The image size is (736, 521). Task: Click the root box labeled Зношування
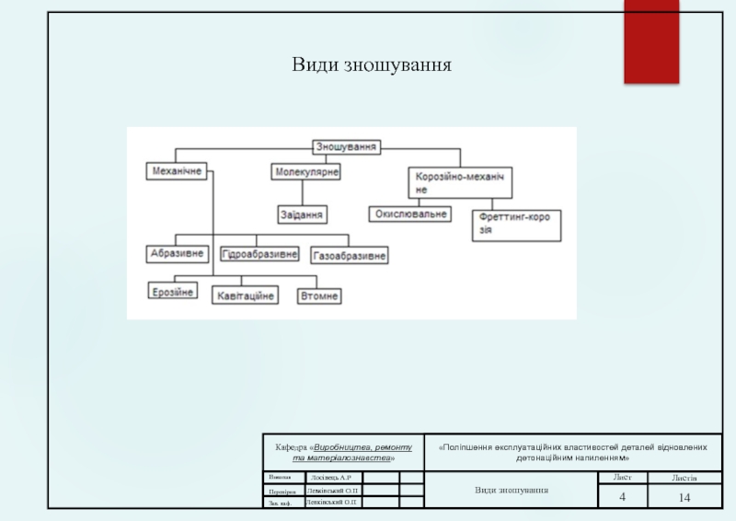[x=347, y=146]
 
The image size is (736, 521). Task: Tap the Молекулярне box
[x=305, y=172]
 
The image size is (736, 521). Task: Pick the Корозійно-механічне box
[x=460, y=181]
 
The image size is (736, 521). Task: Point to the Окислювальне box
[x=411, y=214]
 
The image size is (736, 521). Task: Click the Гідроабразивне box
[x=259, y=253]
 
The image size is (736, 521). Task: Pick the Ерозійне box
[x=173, y=292]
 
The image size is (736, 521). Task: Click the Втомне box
[x=319, y=295]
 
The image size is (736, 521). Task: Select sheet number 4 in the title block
[x=622, y=497]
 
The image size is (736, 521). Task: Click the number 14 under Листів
[x=684, y=497]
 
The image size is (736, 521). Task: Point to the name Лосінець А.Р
[x=331, y=478]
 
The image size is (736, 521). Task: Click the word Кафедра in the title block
[x=291, y=446]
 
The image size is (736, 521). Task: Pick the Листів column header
[x=684, y=478]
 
